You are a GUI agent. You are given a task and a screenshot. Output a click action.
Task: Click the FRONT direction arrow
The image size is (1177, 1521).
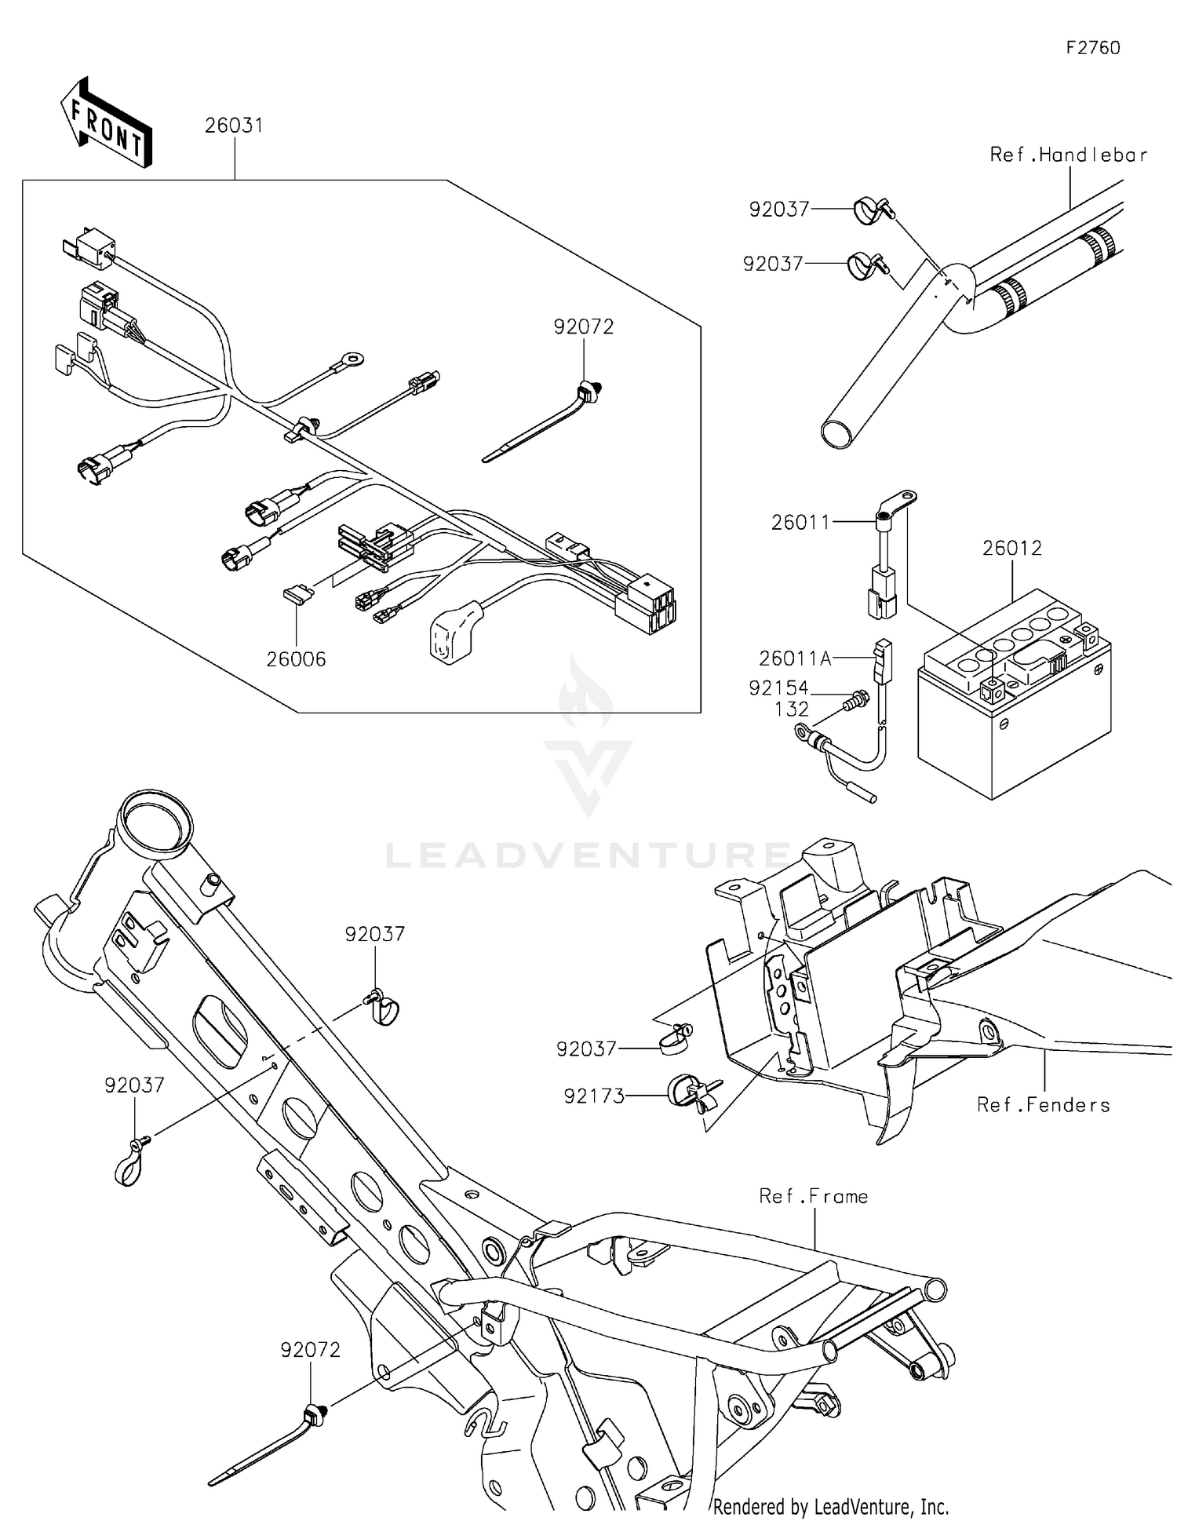coord(106,124)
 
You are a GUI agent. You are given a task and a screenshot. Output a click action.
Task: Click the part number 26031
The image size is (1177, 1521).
coord(234,126)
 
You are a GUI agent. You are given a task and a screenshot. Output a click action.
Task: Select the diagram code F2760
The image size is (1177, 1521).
coord(1092,48)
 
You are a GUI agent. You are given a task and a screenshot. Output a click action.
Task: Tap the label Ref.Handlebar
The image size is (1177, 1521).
coord(1068,155)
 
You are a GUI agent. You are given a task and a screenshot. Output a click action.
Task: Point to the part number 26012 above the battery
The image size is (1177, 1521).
coord(1011,548)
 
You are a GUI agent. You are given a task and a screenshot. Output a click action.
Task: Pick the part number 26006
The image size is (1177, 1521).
coord(296,659)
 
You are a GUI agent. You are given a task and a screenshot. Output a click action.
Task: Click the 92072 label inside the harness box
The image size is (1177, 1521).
coord(583,326)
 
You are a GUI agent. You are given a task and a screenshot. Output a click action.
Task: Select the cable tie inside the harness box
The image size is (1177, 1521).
coord(541,424)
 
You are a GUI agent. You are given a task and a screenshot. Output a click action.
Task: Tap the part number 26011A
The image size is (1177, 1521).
coord(794,658)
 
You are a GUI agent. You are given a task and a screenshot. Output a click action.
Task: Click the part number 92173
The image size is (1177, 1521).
coord(594,1096)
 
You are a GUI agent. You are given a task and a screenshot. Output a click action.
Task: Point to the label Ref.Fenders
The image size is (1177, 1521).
coord(1043,1105)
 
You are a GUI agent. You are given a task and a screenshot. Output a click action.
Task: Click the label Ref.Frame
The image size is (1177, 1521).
coord(813,1196)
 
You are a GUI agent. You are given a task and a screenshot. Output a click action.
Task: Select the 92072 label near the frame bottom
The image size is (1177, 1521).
coord(311,1350)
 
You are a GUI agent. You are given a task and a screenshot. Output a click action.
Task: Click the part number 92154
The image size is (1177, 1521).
coord(778,688)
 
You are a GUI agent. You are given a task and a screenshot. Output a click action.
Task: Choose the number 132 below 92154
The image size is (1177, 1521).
coord(791,709)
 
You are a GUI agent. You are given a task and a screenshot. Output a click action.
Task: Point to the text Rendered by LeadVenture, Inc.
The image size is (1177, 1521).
coord(831,1506)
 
